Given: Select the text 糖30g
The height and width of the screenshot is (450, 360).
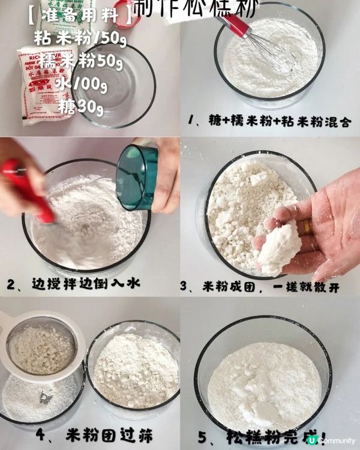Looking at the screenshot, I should [x=82, y=107].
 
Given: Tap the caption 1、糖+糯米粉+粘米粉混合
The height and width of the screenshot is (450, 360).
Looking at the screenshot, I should [x=269, y=122].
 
